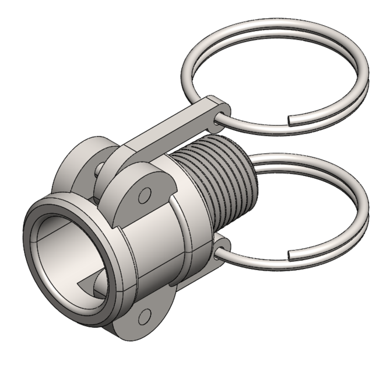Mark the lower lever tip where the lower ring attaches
[223, 245]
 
